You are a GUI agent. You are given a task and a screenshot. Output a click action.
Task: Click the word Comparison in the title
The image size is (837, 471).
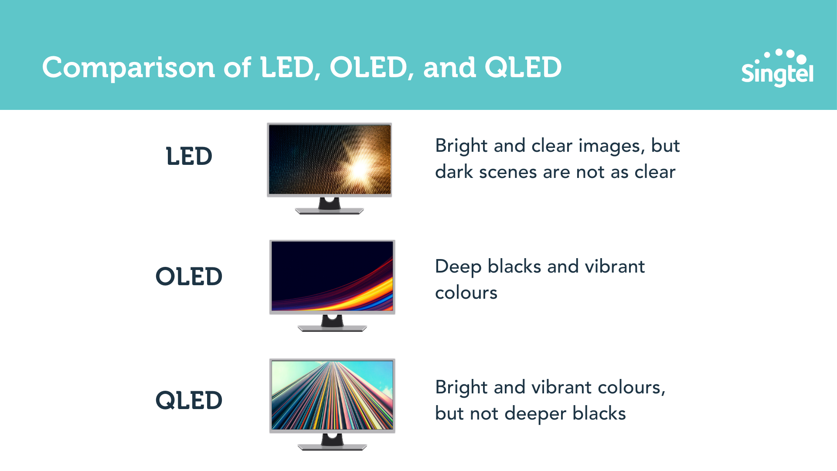pyautogui.click(x=129, y=68)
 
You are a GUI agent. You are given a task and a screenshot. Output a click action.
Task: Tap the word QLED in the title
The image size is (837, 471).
pyautogui.click(x=523, y=68)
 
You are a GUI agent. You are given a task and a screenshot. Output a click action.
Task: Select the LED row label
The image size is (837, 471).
pyautogui.click(x=189, y=156)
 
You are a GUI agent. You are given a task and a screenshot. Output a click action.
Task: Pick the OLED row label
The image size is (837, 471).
pyautogui.click(x=189, y=276)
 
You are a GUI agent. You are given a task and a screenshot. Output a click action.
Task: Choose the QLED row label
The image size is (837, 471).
pyautogui.click(x=189, y=400)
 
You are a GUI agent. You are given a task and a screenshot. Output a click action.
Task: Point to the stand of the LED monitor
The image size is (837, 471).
pyautogui.click(x=330, y=205)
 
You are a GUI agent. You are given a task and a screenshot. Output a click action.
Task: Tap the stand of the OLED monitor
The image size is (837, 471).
pyautogui.click(x=332, y=323)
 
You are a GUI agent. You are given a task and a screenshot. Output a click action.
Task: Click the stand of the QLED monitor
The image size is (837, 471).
pyautogui.click(x=332, y=442)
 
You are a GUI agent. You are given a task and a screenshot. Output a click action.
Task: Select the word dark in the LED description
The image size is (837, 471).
pyautogui.click(x=454, y=172)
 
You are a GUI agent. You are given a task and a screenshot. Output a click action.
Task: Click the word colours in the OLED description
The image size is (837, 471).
pyautogui.click(x=466, y=293)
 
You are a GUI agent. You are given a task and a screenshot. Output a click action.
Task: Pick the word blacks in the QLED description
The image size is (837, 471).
pyautogui.click(x=599, y=413)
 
